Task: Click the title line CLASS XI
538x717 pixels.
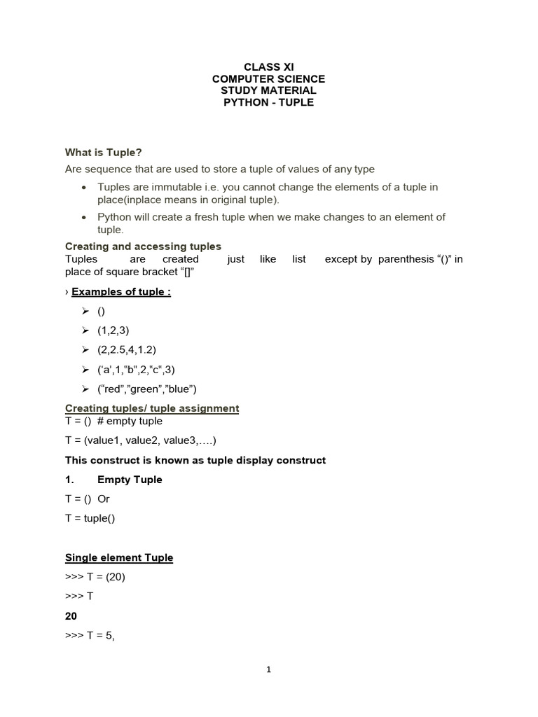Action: click(x=268, y=67)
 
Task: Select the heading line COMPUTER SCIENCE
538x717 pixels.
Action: click(x=268, y=78)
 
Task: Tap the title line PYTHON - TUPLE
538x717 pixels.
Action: click(x=268, y=102)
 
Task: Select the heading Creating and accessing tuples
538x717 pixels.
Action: click(x=143, y=246)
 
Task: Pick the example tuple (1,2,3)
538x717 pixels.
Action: click(x=113, y=330)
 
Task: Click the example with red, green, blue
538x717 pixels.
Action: click(x=147, y=389)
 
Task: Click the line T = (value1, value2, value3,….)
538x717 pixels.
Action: click(x=141, y=440)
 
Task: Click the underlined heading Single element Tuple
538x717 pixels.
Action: click(x=119, y=557)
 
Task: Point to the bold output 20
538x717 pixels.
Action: click(x=71, y=616)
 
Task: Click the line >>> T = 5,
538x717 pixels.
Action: click(x=90, y=636)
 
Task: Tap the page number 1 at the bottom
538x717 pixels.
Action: click(x=268, y=669)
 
